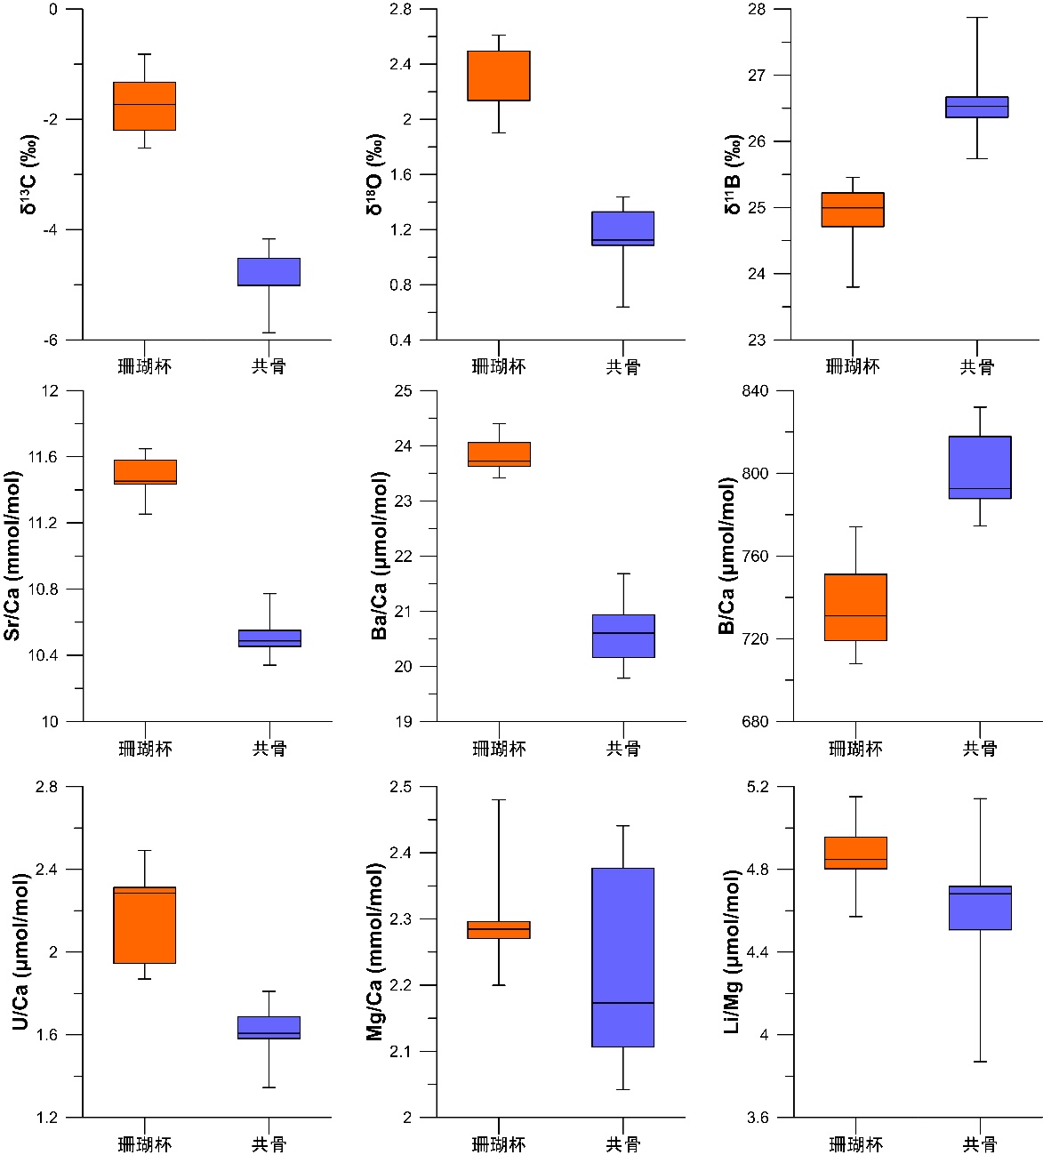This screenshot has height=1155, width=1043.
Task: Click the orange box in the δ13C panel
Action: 144,106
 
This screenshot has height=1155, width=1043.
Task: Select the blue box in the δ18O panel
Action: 622,229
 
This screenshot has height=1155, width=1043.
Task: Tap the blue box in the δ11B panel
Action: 976,107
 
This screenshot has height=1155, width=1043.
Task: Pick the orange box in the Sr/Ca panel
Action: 144,472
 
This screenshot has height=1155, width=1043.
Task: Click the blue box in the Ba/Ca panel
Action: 622,636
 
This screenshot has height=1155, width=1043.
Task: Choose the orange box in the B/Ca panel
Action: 854,607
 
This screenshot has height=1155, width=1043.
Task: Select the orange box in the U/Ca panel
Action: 144,925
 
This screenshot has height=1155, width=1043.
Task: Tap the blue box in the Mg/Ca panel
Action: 622,957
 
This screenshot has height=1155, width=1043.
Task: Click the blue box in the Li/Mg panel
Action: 979,908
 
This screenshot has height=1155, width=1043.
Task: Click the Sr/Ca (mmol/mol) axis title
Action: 13,556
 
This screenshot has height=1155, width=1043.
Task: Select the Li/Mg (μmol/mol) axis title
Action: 732,951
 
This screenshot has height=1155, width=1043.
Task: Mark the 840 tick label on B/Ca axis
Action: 761,391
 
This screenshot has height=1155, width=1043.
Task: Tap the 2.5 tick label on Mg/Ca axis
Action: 400,787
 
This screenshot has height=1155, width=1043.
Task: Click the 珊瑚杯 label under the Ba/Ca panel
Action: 499,749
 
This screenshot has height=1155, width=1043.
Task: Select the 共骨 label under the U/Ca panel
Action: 269,1144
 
